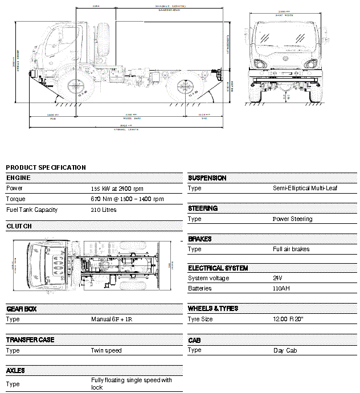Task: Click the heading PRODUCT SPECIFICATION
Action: click(46, 167)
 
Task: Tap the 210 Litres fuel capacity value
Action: click(104, 210)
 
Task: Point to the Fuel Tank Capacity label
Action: click(32, 210)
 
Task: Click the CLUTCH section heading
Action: click(19, 226)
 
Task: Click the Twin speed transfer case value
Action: click(107, 350)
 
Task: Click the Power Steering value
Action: click(292, 219)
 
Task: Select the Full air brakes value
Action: click(291, 249)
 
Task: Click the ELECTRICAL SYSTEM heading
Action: click(218, 268)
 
